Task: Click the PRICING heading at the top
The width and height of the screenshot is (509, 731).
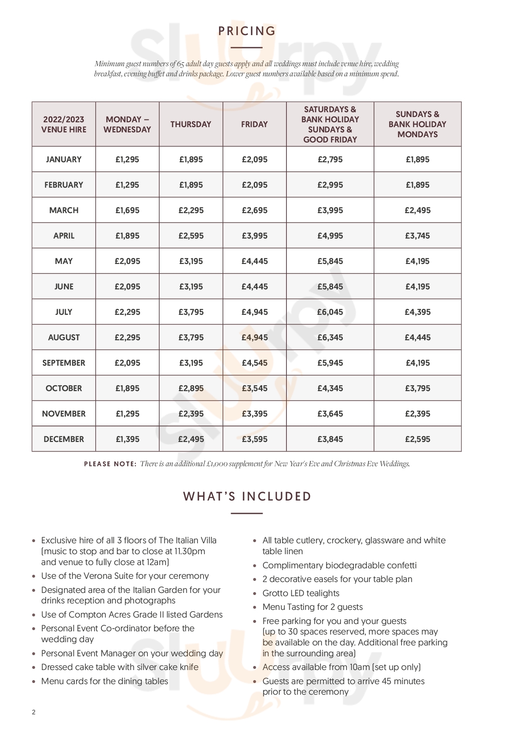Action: [x=247, y=31]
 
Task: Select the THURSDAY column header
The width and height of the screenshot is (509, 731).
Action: [x=191, y=124]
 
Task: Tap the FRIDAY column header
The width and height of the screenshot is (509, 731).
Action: [x=254, y=124]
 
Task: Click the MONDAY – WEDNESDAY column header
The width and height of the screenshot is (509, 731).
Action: [x=127, y=124]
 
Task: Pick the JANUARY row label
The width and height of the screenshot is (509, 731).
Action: [x=64, y=159]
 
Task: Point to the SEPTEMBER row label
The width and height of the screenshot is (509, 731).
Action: [x=64, y=363]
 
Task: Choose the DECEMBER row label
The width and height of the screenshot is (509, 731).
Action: [x=64, y=439]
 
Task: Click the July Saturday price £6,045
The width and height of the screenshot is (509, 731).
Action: [x=330, y=312]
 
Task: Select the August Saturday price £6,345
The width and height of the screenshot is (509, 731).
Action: [x=330, y=337]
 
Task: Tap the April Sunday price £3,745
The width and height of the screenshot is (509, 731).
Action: [x=418, y=236]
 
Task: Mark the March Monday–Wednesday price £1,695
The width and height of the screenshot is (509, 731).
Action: [x=127, y=210]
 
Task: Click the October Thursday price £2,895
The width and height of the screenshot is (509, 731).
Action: [x=191, y=388]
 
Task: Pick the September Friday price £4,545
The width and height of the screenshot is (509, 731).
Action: [x=254, y=363]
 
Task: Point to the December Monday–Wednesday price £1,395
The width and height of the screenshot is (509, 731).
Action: [x=127, y=439]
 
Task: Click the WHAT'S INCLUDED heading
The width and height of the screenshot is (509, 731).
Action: [x=247, y=496]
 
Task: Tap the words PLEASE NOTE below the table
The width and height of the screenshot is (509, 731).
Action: [x=110, y=464]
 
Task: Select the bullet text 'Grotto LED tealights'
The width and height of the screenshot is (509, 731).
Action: [x=301, y=593]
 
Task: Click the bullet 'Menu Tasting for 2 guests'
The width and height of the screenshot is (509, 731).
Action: [x=313, y=607]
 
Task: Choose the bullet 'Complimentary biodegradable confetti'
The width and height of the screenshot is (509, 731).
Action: [x=339, y=566]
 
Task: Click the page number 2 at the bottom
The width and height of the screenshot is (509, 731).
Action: [x=34, y=712]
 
